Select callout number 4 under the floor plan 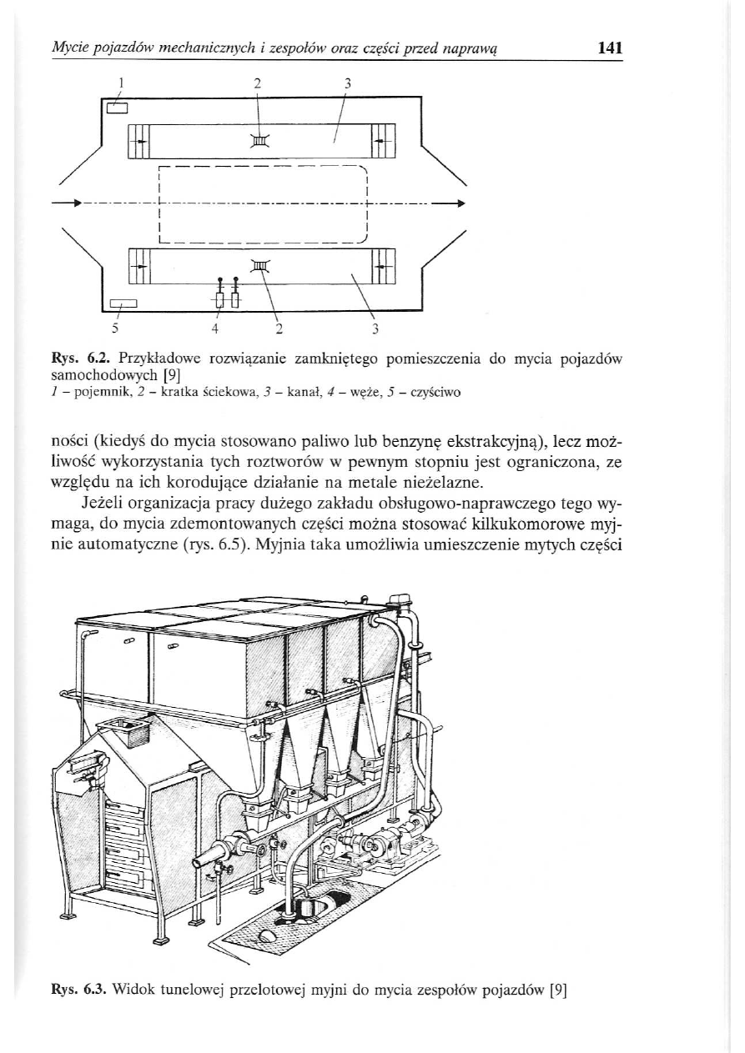[214, 328]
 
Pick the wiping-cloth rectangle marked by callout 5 [123, 303]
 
